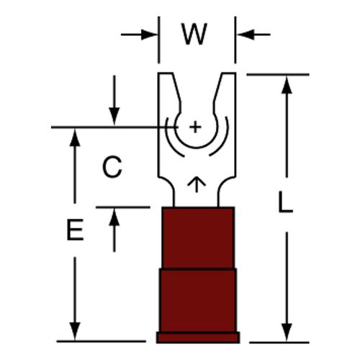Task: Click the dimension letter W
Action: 194,34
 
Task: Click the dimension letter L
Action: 285,202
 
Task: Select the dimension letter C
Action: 112,167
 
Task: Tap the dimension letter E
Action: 75,230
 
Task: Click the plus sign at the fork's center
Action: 195,127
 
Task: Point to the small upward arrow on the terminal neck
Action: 197,185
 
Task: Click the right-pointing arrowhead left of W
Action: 149,35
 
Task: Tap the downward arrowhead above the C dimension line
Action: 114,116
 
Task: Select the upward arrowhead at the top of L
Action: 287,85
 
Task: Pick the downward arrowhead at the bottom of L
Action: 287,333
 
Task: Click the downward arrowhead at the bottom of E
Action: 75,331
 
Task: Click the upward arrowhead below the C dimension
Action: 114,217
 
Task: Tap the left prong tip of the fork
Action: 165,73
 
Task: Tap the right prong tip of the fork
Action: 228,73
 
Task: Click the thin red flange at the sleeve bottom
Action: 198,338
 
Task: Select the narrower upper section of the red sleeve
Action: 198,238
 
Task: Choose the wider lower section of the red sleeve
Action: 198,301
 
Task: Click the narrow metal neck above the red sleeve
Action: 197,196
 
